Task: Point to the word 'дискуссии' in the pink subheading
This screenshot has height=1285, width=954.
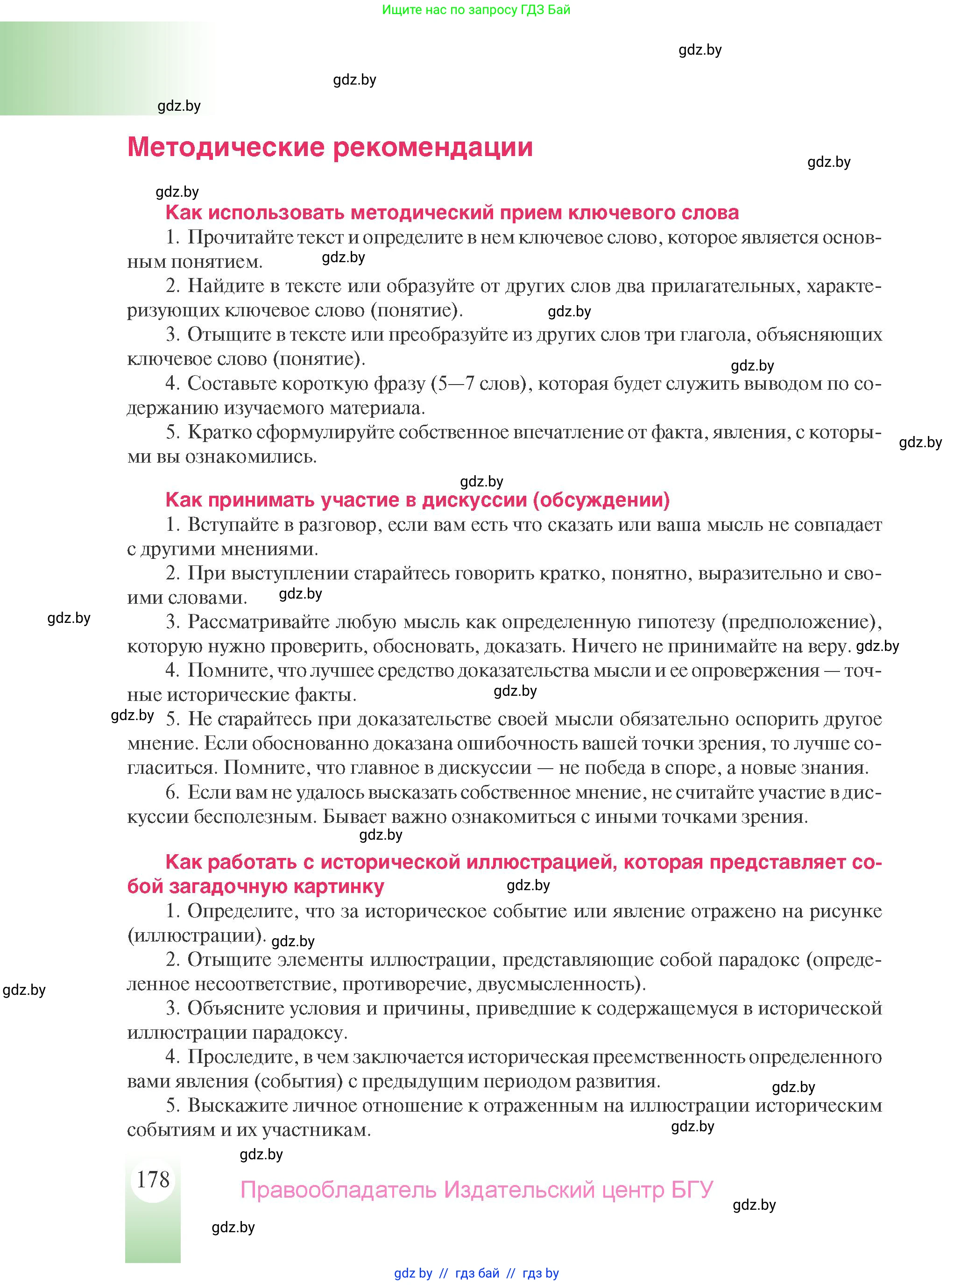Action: [475, 500]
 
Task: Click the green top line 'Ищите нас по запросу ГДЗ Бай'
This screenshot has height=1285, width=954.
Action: [476, 10]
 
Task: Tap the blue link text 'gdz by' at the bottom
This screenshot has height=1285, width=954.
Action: [413, 1273]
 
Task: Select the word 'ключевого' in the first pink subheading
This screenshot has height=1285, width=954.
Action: [612, 213]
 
